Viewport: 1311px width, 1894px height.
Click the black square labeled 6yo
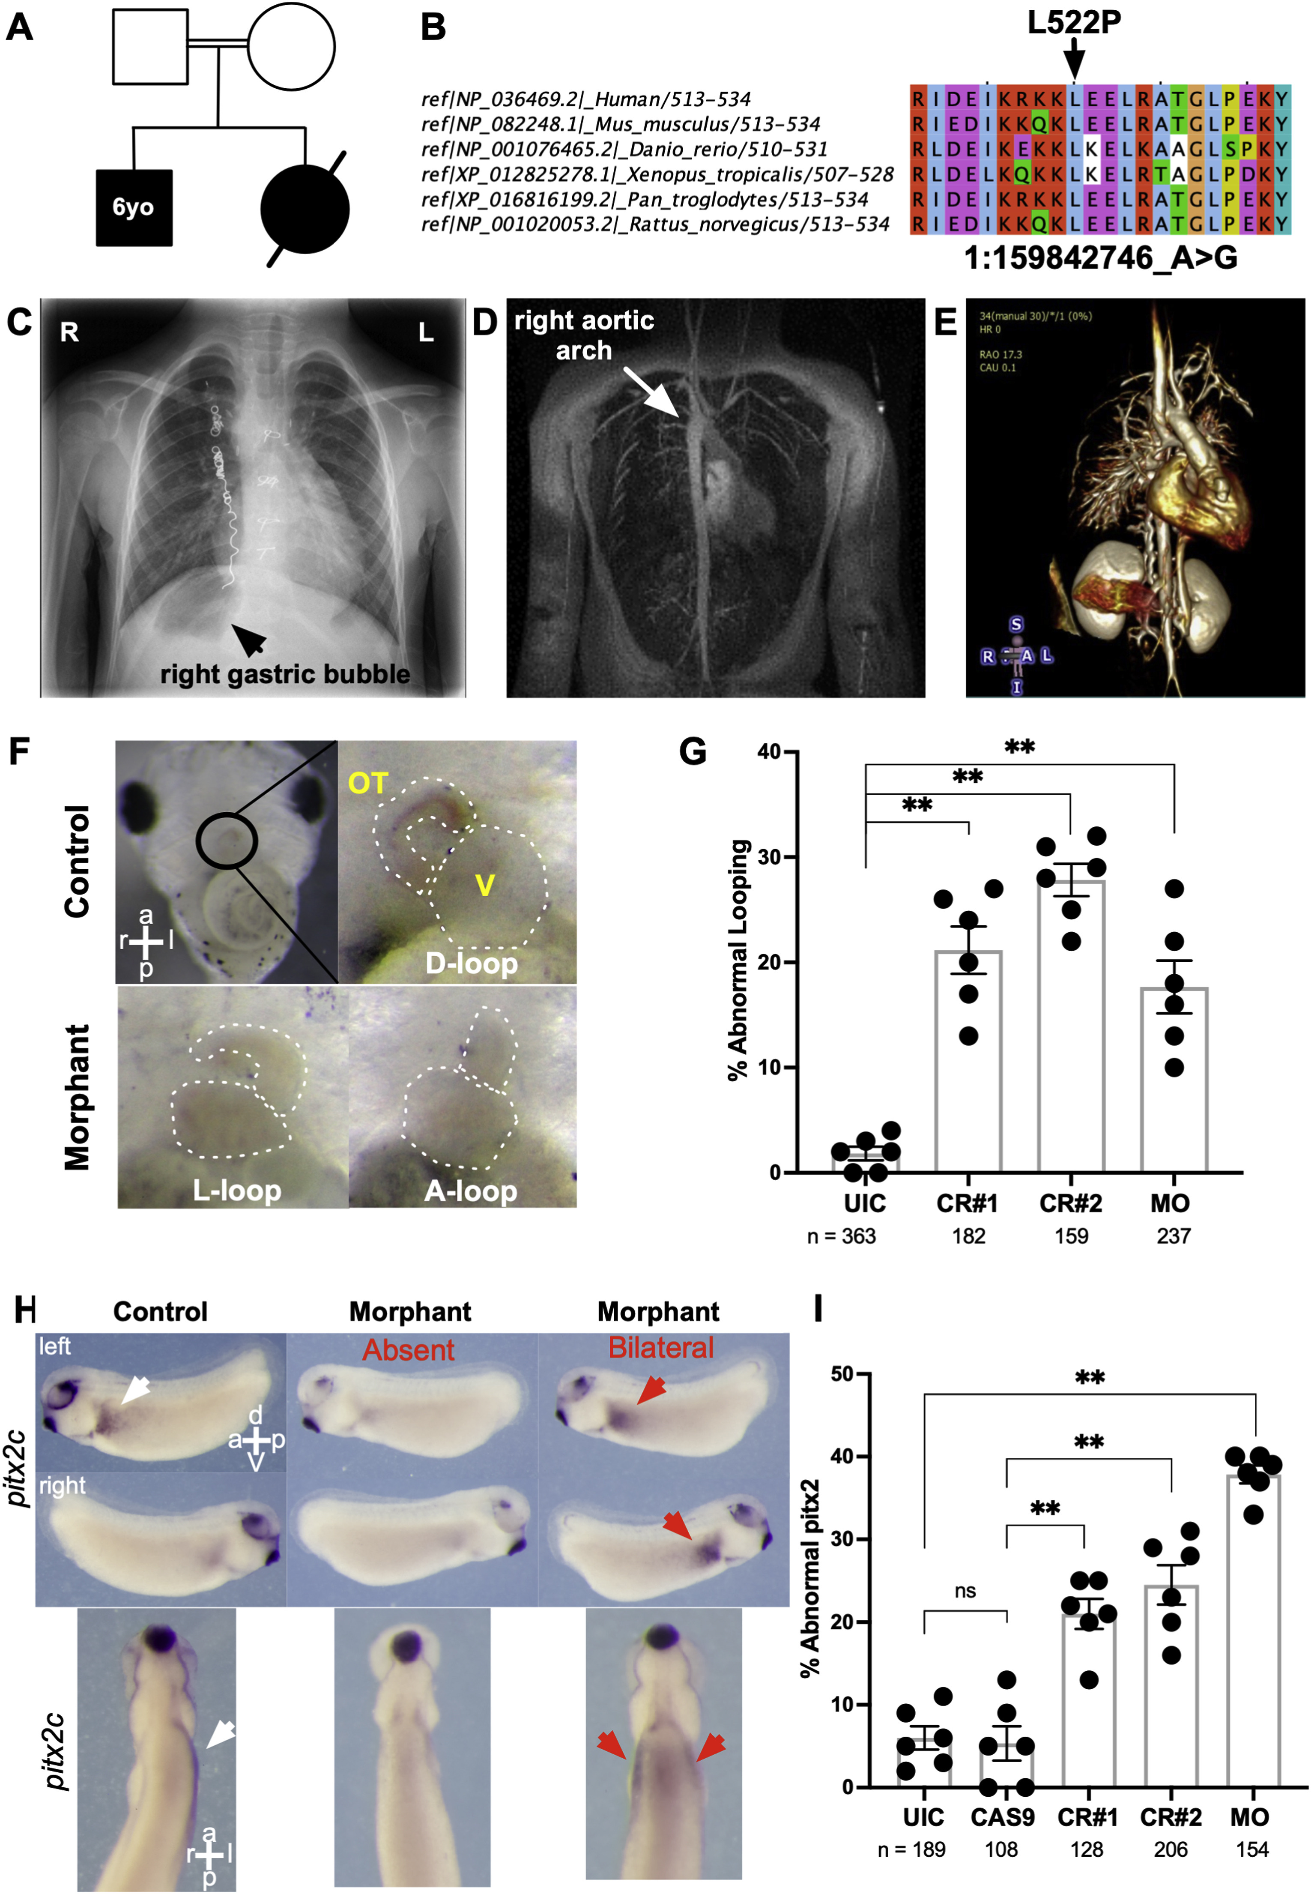click(x=134, y=208)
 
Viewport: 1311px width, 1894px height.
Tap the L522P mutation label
click(x=1074, y=22)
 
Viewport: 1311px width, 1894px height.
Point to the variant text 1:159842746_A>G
click(x=1101, y=258)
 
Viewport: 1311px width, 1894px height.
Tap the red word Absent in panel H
click(x=408, y=1350)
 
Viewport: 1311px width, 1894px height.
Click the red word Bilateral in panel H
click(x=660, y=1348)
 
